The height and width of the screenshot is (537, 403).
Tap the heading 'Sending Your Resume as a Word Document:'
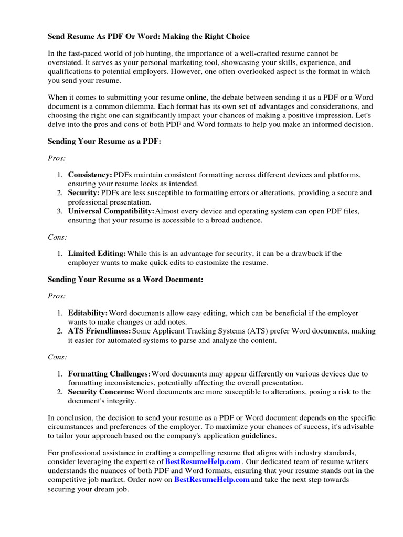(125, 280)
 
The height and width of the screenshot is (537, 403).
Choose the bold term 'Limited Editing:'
(97, 253)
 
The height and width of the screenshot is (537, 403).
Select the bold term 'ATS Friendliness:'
(100, 331)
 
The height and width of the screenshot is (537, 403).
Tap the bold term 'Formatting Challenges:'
(109, 374)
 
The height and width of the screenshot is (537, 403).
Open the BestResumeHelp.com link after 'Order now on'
(212, 480)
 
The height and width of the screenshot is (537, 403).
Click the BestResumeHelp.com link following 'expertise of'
(203, 461)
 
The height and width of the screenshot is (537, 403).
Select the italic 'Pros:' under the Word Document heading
(57, 296)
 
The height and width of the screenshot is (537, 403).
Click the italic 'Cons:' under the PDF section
(57, 237)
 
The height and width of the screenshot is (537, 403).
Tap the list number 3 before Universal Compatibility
(60, 211)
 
